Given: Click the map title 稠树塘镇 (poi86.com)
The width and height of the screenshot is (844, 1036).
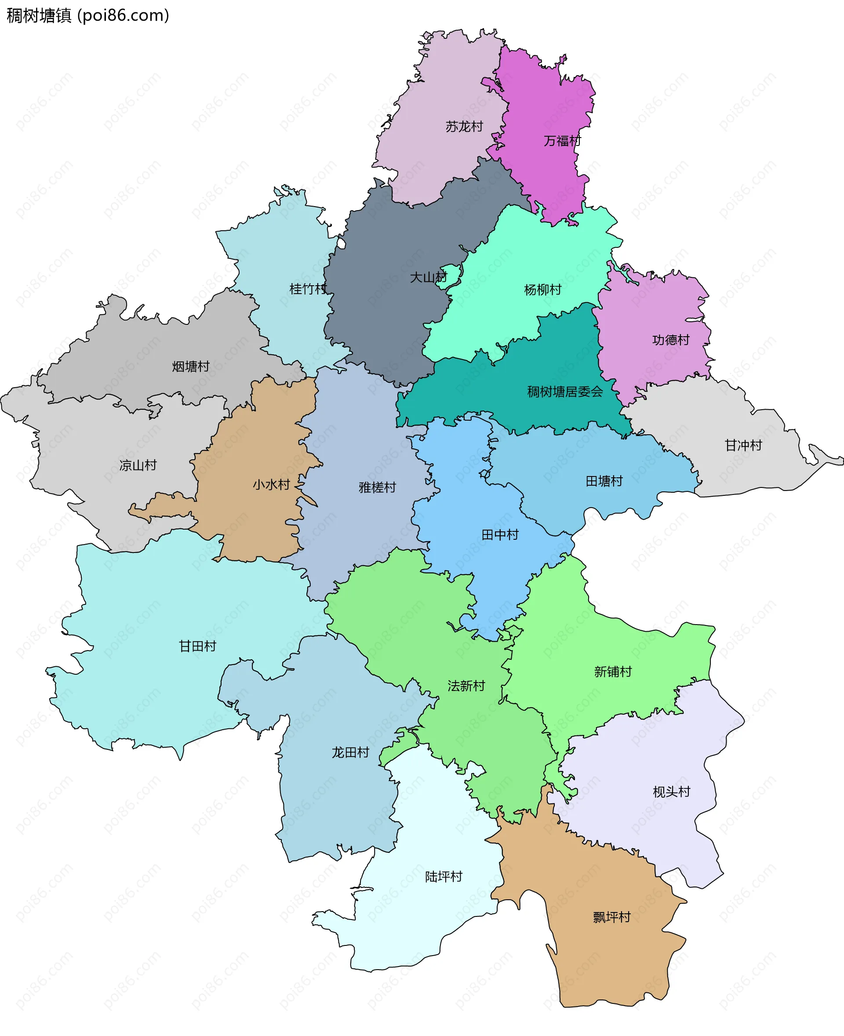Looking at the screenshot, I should [x=87, y=15].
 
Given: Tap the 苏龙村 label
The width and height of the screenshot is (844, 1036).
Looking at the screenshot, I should [x=464, y=127].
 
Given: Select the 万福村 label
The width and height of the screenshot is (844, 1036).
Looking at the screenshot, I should [x=562, y=141].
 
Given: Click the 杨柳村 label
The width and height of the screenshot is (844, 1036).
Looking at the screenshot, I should [x=542, y=290].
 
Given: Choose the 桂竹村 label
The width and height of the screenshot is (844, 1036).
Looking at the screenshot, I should [x=308, y=289].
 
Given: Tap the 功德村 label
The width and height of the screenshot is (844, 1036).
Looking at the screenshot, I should [x=671, y=340].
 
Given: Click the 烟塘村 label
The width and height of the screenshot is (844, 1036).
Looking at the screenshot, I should [x=191, y=367].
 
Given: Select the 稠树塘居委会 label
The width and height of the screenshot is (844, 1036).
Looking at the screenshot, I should [x=565, y=392].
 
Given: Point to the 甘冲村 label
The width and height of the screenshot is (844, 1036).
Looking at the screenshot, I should [x=743, y=445].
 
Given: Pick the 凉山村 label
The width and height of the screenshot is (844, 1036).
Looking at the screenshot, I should [x=138, y=465].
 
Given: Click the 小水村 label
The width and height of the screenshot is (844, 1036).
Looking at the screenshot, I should [x=271, y=484].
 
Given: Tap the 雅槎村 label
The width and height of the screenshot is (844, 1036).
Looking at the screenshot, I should [x=377, y=487].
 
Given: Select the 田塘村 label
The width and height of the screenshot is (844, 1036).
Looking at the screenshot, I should [x=604, y=481].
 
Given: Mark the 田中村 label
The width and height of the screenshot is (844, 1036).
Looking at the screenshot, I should [x=500, y=535].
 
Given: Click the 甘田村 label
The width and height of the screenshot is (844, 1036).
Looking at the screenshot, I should [x=197, y=646].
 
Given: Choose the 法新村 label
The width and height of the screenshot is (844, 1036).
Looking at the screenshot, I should [x=466, y=686].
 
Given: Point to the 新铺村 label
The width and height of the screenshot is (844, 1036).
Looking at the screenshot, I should [x=613, y=672].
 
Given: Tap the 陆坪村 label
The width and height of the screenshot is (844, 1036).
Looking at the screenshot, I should [x=444, y=876].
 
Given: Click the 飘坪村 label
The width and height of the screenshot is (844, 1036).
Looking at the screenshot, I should [x=611, y=917].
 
